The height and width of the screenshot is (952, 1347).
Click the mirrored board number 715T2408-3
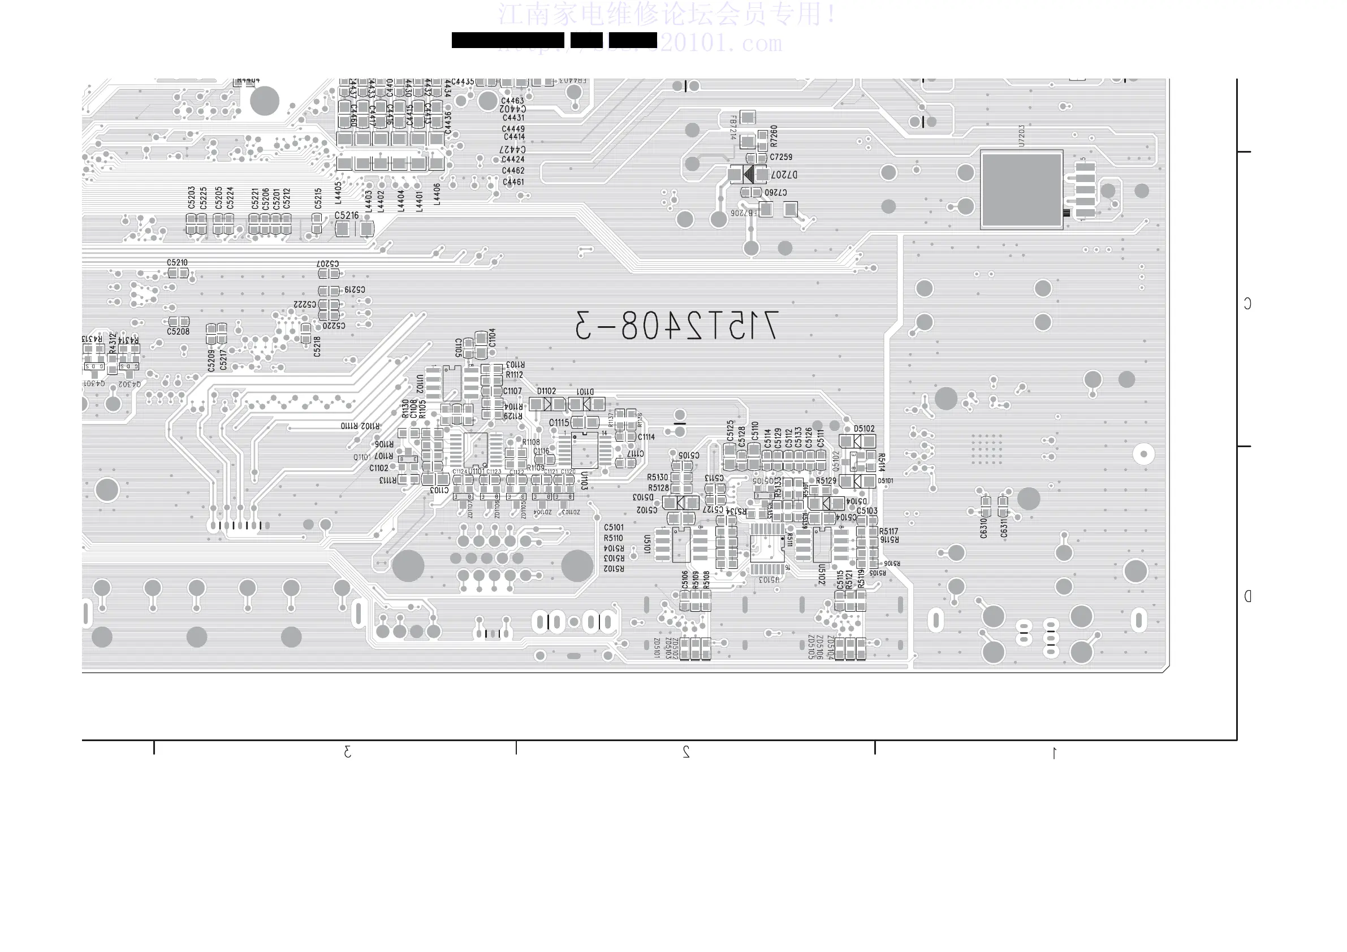coord(676,325)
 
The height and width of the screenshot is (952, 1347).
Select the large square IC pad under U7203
coord(1021,189)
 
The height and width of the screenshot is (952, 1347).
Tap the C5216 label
coord(346,215)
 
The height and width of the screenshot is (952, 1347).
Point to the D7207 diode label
coord(784,175)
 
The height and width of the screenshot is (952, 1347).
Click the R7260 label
coord(774,136)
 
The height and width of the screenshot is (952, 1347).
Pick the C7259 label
coord(781,157)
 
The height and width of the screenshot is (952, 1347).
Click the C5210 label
coord(177,263)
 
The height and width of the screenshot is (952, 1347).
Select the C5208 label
coord(178,331)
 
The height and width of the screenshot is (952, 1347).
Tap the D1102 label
coord(546,391)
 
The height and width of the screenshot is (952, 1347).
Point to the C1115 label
coord(559,422)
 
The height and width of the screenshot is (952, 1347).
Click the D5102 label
coord(864,429)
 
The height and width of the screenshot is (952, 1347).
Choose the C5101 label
coord(614,527)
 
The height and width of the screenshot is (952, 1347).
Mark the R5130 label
coord(658,478)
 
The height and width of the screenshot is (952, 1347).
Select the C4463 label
coord(512,101)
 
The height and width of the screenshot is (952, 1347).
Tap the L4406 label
coord(437,193)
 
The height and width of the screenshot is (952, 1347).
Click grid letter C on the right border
coord(1247,303)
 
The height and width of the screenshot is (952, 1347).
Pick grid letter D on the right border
coord(1247,596)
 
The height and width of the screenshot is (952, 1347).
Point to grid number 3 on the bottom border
coord(347,751)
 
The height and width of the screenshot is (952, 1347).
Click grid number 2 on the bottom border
coord(686,751)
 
